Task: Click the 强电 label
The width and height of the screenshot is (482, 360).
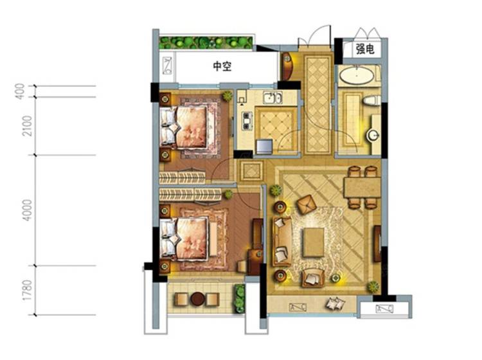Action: click(365, 49)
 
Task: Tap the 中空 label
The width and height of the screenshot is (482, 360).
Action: click(222, 66)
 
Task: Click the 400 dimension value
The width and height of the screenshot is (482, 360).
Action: click(20, 91)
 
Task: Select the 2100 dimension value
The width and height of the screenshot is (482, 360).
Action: click(27, 126)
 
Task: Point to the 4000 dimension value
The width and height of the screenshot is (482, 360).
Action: click(27, 210)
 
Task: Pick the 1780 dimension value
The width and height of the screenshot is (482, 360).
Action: click(27, 290)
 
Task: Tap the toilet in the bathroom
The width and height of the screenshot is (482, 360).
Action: click(371, 100)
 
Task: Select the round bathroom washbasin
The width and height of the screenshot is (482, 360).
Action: click(373, 135)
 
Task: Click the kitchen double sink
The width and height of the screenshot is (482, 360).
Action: click(272, 98)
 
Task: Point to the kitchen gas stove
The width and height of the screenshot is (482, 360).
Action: click(247, 120)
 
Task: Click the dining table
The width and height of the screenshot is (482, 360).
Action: click(362, 188)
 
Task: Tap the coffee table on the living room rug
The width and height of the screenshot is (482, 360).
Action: click(313, 242)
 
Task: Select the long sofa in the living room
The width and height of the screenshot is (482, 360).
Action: click(281, 241)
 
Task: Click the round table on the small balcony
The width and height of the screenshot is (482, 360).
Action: click(197, 298)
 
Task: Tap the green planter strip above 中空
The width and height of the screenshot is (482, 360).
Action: click(206, 42)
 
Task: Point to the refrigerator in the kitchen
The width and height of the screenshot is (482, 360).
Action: click(264, 147)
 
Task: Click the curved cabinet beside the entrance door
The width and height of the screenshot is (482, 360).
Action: click(286, 66)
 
